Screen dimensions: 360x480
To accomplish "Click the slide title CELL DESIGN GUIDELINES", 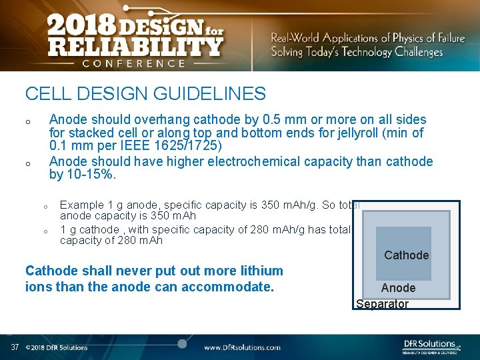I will pos(145,94).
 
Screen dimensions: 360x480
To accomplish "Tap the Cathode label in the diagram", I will pos(406,255).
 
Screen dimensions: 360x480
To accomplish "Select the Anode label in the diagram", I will pos(398,288).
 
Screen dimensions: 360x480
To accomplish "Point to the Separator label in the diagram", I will pos(382,304).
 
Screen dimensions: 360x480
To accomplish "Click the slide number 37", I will pos(14,347).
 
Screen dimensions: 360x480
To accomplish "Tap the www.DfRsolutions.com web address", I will pos(242,347).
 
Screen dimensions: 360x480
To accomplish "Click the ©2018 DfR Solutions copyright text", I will pos(57,347).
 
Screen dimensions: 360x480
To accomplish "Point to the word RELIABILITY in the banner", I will pos(134,46).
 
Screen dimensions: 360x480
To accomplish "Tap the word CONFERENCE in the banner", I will pos(133,63).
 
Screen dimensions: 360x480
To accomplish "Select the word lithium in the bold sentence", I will pos(259,271).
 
